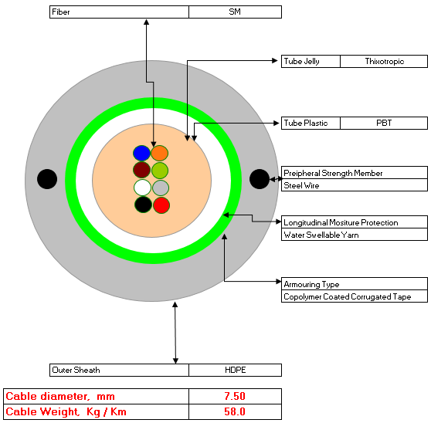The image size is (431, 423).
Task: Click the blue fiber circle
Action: coord(141,153)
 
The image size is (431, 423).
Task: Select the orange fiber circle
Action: coord(159,153)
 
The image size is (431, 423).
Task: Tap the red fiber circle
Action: coord(161,205)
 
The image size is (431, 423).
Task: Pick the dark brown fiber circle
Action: coord(141,170)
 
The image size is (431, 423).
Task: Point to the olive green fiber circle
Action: coord(160,171)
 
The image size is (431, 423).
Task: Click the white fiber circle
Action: coord(142,188)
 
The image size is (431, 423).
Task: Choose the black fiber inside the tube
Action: coord(143,205)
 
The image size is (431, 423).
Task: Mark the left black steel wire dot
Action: coord(47,179)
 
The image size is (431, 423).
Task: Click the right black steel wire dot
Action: coord(260,179)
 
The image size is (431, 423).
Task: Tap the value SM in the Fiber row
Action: coord(235,12)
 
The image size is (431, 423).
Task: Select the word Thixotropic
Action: coord(385,61)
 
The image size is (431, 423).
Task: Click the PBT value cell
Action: coord(384,123)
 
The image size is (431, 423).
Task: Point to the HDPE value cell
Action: coord(235,370)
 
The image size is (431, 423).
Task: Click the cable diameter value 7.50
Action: coord(235,396)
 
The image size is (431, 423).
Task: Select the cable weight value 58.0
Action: coord(235,411)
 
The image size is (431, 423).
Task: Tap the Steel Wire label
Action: coord(301,185)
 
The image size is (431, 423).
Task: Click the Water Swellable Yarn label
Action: coord(321,235)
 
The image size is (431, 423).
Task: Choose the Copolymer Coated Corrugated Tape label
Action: coord(347,296)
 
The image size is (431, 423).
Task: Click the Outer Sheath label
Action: coord(76,370)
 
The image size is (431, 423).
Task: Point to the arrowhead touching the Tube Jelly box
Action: coord(275,61)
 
